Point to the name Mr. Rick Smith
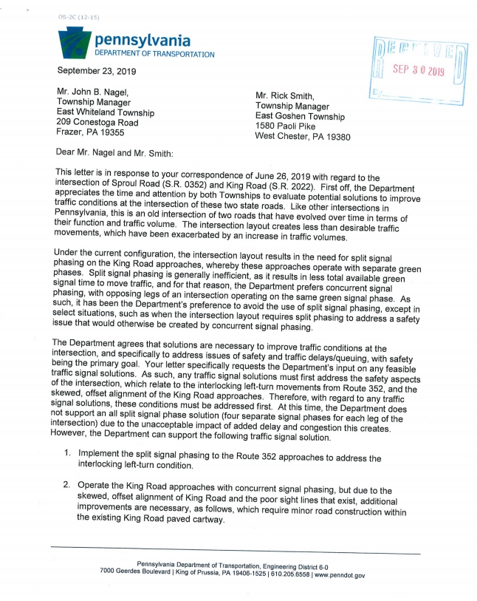284,95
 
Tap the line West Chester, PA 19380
302,137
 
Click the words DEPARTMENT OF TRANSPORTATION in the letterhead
154,54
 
